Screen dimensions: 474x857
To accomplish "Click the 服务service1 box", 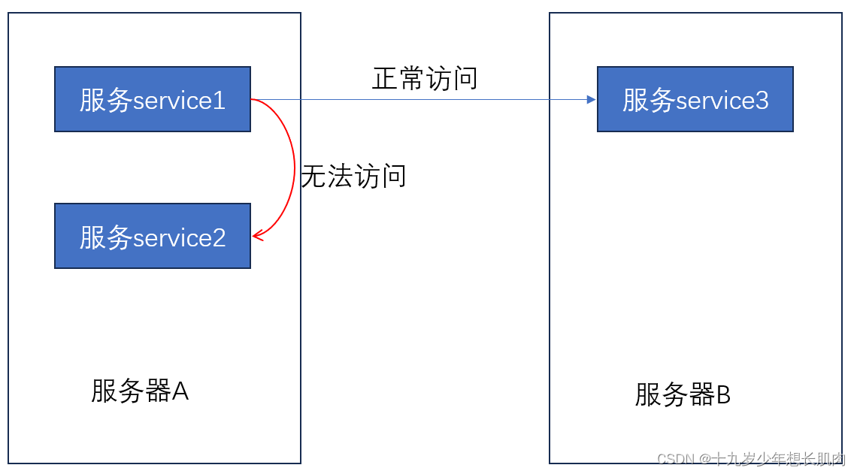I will point(152,99).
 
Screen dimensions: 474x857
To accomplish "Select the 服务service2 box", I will point(152,236).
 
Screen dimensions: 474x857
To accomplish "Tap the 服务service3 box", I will point(695,99).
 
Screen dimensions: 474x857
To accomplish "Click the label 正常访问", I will point(425,78).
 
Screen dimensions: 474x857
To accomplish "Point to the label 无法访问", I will point(353,176).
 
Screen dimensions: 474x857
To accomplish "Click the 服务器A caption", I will point(140,391).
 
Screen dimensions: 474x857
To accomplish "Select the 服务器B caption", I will point(683,394).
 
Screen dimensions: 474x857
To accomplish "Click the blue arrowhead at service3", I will point(592,99).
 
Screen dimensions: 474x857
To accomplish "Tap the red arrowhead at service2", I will point(257,236).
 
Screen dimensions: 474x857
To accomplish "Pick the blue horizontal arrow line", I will point(421,99).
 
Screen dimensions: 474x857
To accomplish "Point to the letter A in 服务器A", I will point(180,391).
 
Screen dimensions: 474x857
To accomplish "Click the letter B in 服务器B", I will point(723,394).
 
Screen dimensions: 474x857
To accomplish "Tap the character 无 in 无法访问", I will point(313,176).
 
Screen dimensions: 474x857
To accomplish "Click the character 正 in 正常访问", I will point(385,78).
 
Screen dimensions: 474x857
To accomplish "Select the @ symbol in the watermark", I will point(704,458).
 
